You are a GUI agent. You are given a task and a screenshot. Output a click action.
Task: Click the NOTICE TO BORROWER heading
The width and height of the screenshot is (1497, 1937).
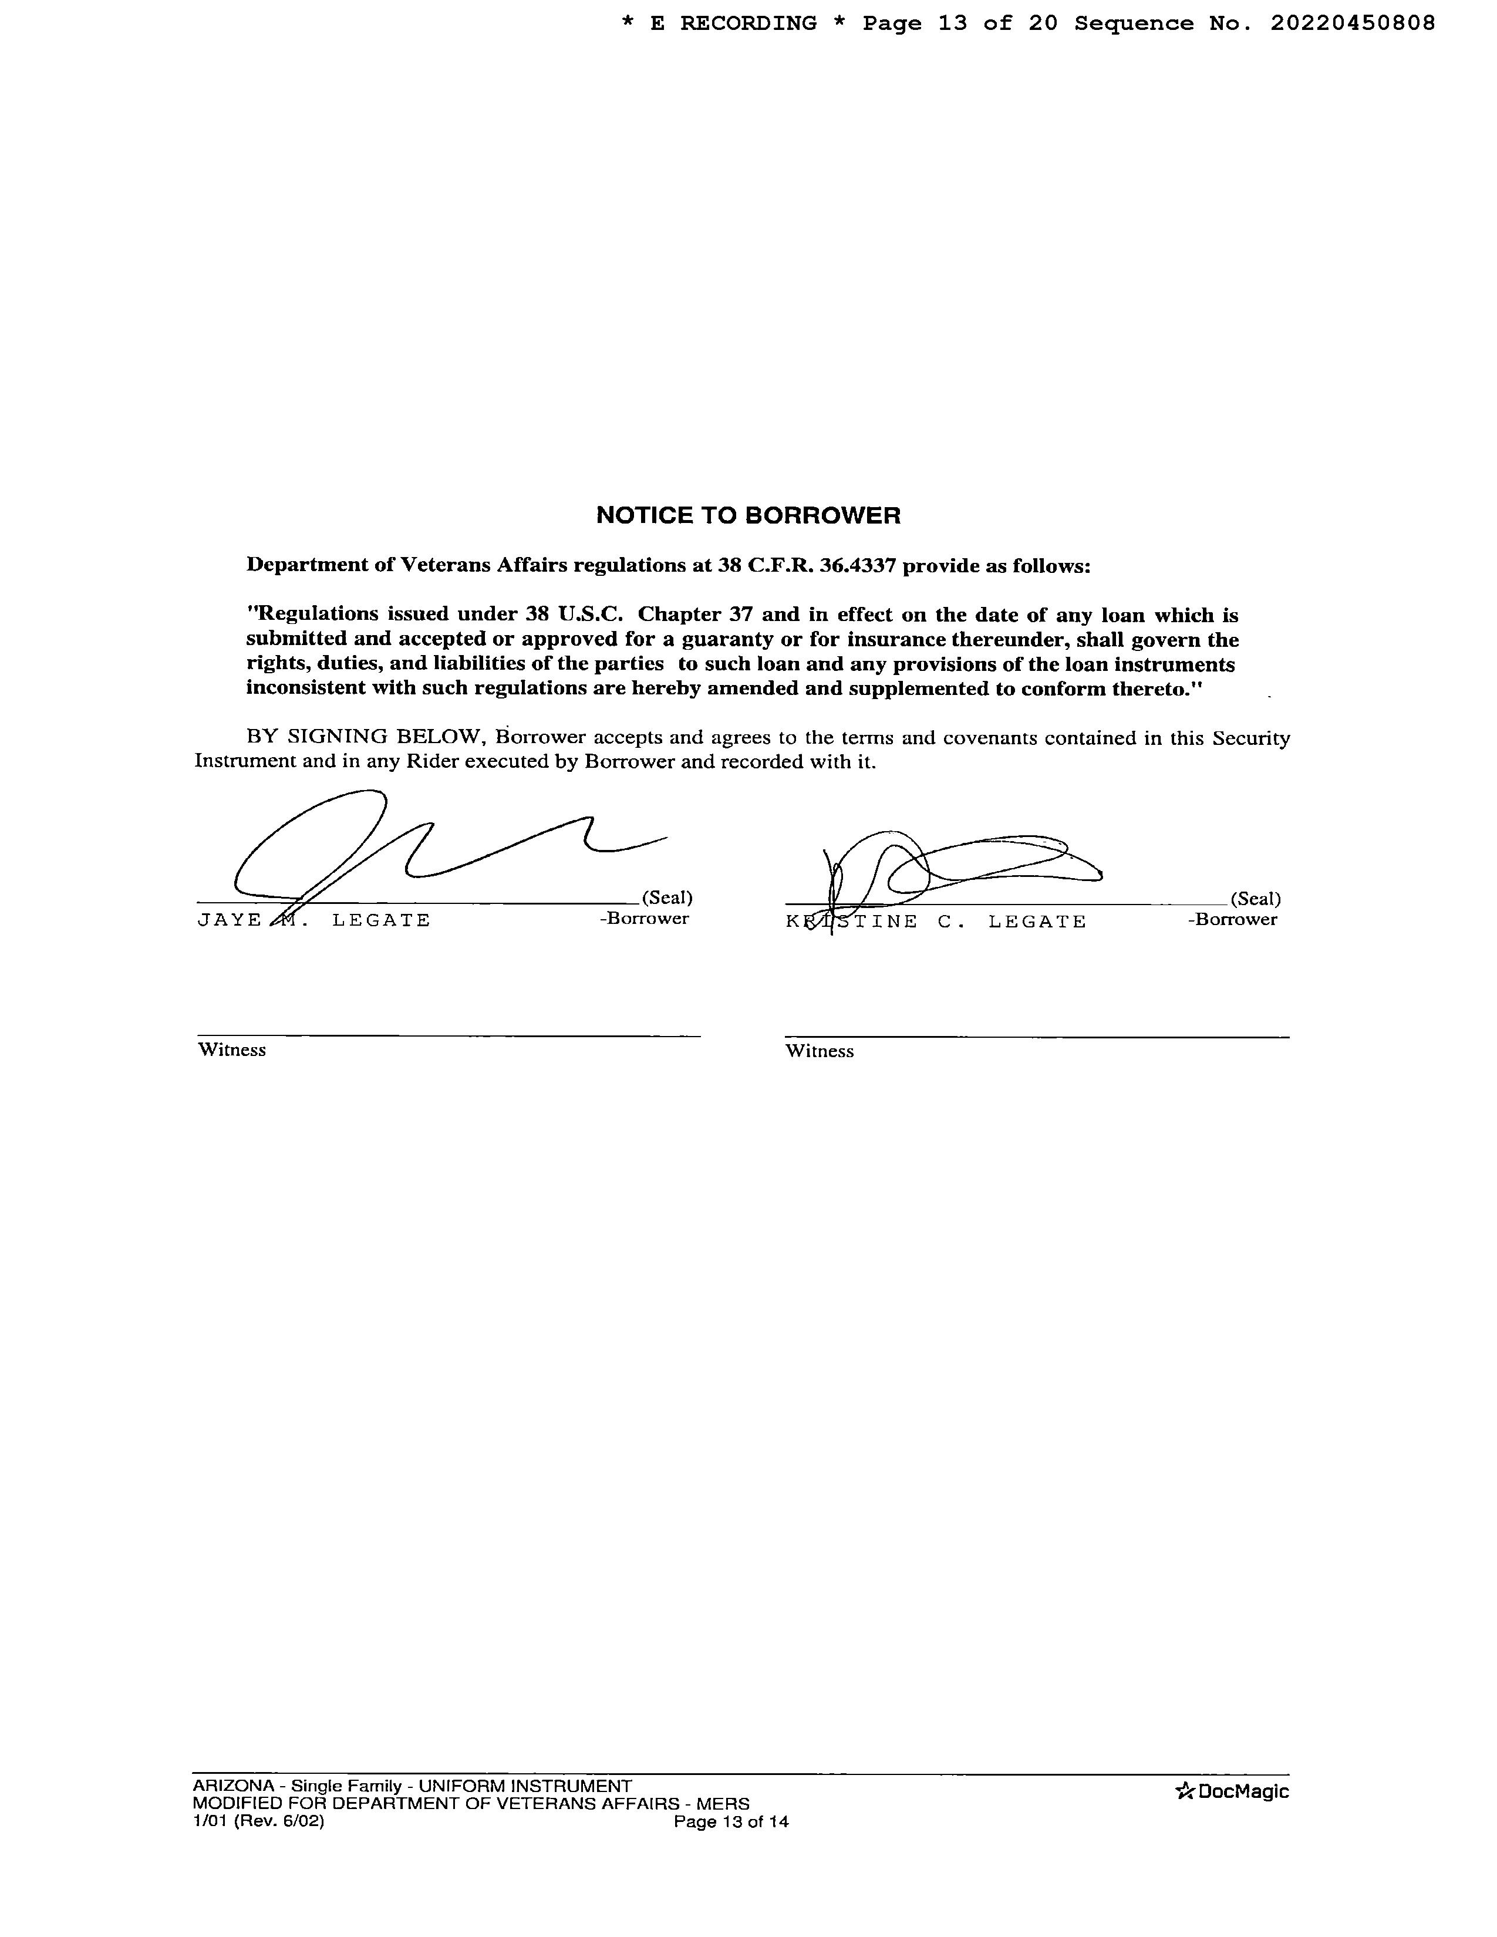[747, 515]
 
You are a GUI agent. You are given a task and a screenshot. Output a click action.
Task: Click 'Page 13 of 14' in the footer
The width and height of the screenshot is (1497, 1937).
[731, 1822]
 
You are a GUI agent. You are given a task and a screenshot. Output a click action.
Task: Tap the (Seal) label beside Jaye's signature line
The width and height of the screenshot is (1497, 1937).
[666, 897]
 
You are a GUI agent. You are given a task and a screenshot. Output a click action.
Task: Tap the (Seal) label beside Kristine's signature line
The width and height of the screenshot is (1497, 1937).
[1255, 899]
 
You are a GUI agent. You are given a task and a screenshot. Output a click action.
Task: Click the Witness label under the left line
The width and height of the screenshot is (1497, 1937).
[231, 1050]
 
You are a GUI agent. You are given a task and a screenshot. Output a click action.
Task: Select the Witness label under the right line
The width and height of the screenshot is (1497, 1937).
[820, 1051]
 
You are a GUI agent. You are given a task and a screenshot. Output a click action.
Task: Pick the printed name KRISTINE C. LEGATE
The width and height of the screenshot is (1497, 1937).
[936, 922]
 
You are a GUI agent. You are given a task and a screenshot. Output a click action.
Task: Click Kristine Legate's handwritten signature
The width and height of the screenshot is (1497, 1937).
[958, 865]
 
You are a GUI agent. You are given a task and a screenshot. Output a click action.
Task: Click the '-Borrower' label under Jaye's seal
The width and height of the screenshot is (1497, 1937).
[644, 919]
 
